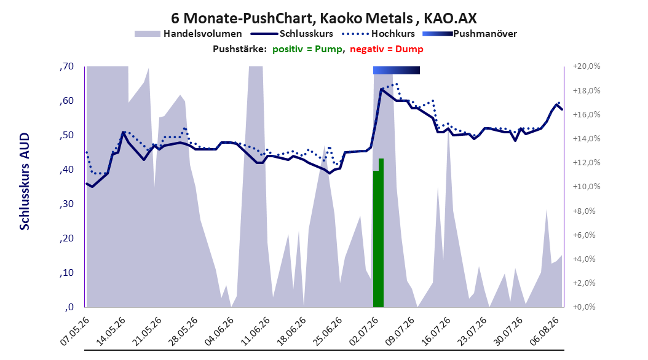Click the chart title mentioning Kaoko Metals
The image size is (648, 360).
pyautogui.click(x=323, y=18)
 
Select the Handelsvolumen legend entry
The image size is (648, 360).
pyautogui.click(x=188, y=34)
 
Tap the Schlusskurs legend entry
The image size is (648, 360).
pyautogui.click(x=292, y=34)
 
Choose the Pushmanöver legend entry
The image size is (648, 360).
pyautogui.click(x=470, y=34)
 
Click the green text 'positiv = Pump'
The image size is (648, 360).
pyautogui.click(x=307, y=49)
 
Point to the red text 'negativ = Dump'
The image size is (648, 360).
pyautogui.click(x=387, y=49)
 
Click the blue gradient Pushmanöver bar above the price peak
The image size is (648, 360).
pyautogui.click(x=397, y=70)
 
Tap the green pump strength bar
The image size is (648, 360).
pyautogui.click(x=378, y=233)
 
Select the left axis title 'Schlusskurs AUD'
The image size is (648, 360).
pyautogui.click(x=25, y=181)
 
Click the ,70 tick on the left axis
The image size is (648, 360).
pyautogui.click(x=66, y=66)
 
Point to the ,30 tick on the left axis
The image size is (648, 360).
pyautogui.click(x=66, y=204)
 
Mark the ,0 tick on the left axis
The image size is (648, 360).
pyautogui.click(x=69, y=307)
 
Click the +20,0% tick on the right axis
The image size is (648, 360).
pyautogui.click(x=587, y=66)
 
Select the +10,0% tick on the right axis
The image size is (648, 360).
pyautogui.click(x=587, y=187)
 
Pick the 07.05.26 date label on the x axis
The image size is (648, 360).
pyautogui.click(x=75, y=331)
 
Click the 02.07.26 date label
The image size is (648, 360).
pyautogui.click(x=364, y=331)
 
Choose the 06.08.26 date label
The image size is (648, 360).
pyautogui.click(x=545, y=331)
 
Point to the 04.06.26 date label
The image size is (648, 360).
pyautogui.click(x=219, y=331)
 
